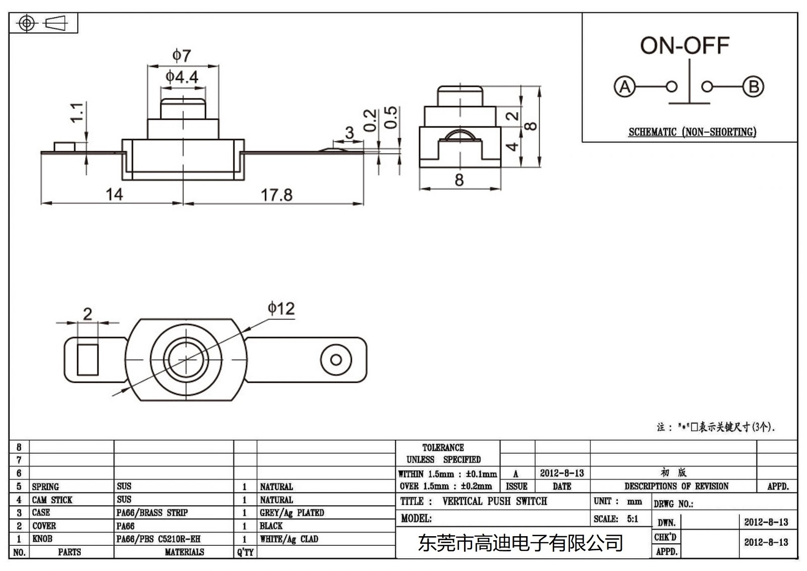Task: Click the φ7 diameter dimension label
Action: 182,55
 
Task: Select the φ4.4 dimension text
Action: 182,77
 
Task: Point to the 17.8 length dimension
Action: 276,195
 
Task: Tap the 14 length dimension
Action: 114,194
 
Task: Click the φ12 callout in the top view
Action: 281,308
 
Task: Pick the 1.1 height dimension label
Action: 77,112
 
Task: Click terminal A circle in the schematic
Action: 624,87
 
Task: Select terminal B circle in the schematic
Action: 753,87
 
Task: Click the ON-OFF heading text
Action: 684,46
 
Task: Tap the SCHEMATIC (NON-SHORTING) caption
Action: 692,132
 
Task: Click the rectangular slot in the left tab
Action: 88,359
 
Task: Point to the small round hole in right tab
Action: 336,360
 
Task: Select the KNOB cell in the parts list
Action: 42,539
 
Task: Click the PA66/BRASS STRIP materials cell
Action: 152,512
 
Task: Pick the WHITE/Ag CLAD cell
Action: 289,539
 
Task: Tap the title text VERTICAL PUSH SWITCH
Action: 494,501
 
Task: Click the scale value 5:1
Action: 632,519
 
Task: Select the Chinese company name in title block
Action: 520,543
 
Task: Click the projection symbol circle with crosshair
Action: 27,23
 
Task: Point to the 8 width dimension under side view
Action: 459,180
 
